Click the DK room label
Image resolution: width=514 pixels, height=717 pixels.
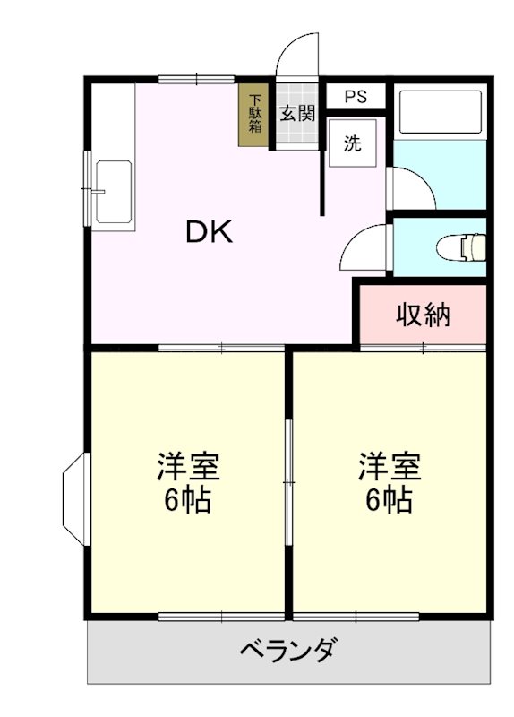tap(209, 233)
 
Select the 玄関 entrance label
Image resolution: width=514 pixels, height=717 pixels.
tap(296, 114)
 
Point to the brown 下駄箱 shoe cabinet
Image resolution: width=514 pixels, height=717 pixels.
tap(255, 114)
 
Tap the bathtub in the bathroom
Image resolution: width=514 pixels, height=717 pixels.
tap(439, 111)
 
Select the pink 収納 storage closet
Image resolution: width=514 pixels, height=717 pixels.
tap(423, 315)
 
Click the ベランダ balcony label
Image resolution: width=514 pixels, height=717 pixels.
tap(288, 650)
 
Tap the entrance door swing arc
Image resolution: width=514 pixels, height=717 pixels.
tap(295, 56)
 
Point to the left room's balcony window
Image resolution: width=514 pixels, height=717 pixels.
tap(210, 616)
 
